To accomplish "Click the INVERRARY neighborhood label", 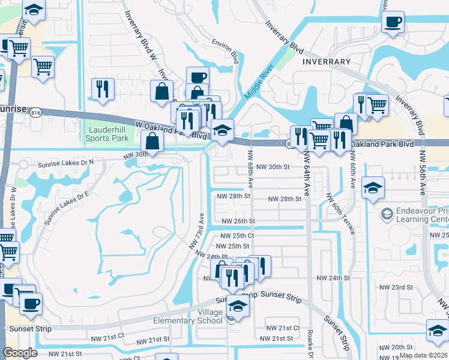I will pos(327,62).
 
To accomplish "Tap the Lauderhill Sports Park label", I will pos(109,133).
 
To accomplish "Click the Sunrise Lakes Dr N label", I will pos(67,163).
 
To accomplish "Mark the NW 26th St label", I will pos(238,221).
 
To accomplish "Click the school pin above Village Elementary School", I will pos(238,308).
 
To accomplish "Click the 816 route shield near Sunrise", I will pos(35,113).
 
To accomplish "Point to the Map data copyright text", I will pos(424,355).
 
